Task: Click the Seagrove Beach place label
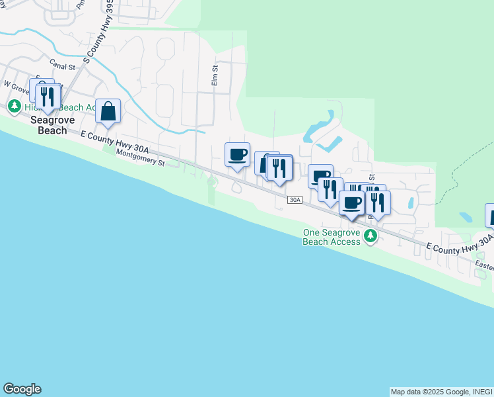[49, 125]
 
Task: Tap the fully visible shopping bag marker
[108, 112]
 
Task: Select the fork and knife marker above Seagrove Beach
[46, 97]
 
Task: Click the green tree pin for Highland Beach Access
[14, 106]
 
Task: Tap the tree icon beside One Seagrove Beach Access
[370, 236]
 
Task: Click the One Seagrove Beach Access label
[332, 237]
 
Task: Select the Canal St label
[67, 66]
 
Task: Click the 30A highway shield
[295, 200]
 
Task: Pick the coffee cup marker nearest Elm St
[238, 155]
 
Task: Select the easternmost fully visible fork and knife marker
[378, 202]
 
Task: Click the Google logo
[22, 389]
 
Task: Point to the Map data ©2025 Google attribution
[441, 392]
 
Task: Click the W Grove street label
[16, 85]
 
